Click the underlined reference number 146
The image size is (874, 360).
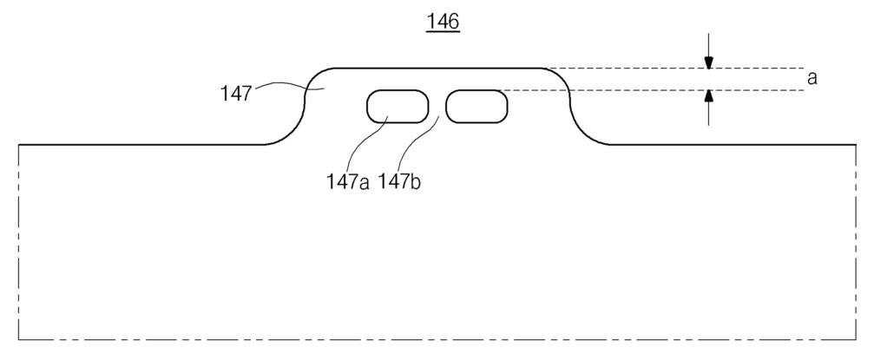(443, 22)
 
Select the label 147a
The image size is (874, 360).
(348, 182)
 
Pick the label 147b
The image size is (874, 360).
(399, 182)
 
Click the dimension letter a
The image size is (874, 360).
(812, 78)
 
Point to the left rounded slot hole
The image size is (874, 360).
(398, 106)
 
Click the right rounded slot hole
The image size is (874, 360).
(476, 106)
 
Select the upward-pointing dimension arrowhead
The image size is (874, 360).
(708, 95)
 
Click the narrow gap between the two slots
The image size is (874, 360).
(437, 106)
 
